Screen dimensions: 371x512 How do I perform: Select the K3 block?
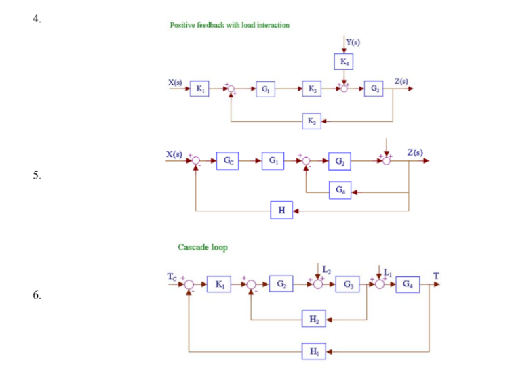click(x=312, y=88)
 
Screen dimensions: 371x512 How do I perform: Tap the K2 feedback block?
click(x=311, y=121)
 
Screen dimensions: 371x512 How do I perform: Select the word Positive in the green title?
click(x=181, y=25)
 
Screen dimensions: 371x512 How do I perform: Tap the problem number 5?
click(x=35, y=175)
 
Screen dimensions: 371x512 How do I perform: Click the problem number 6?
click(x=35, y=295)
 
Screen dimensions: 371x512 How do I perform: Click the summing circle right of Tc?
click(x=190, y=284)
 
